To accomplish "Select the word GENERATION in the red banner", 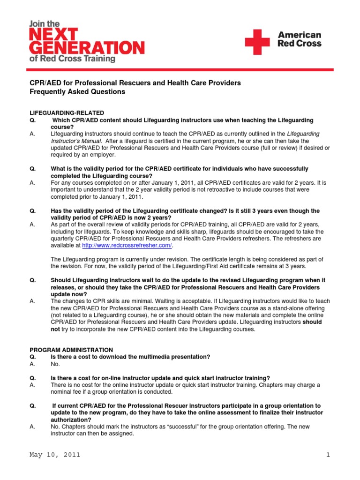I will tap(87, 48).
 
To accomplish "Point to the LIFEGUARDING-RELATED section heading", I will tap(67, 113).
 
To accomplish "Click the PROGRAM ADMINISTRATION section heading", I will tap(71, 350).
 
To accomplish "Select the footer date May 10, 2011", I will tap(55, 455).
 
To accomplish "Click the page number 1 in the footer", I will tap(329, 455).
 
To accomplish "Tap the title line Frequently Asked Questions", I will tap(78, 92).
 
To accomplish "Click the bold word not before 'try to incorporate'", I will tap(55, 329).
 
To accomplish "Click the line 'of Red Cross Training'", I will tap(72, 59).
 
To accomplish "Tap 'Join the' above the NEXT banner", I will tap(44, 23).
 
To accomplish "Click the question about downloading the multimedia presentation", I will tap(130, 357).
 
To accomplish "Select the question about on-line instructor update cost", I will tap(160, 378).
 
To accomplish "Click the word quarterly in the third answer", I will tap(65, 238).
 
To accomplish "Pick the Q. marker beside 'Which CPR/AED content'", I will tap(33, 120).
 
